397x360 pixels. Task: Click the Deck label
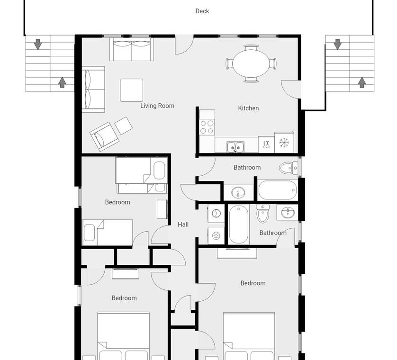[202, 11]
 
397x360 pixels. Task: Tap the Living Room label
[157, 106]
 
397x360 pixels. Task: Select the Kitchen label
[248, 108]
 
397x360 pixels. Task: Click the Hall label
[183, 225]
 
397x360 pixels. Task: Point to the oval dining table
[251, 63]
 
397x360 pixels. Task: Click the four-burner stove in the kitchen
[207, 127]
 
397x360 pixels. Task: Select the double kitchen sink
[235, 147]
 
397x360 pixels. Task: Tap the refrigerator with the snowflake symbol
[284, 143]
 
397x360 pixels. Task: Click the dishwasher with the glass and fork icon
[266, 144]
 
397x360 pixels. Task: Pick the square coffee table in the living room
[132, 90]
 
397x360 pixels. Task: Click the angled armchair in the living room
[104, 137]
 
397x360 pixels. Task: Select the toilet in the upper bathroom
[289, 168]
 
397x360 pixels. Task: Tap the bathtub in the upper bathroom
[278, 190]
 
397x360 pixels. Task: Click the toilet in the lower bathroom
[262, 214]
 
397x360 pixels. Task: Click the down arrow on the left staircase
[38, 45]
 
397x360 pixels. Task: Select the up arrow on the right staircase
[362, 82]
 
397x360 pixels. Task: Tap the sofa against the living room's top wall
[132, 49]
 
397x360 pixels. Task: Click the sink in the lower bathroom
[288, 212]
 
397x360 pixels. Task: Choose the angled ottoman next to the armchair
[123, 126]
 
